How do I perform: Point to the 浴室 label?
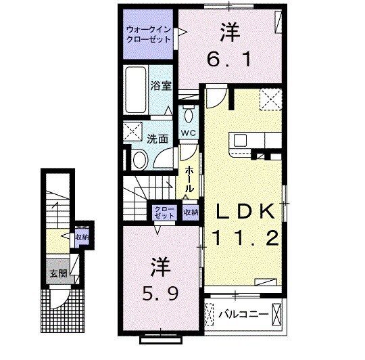point(160,87)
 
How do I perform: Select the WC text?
point(188,133)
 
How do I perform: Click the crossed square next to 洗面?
point(133,131)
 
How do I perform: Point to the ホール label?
point(191,177)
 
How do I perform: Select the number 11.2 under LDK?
point(245,238)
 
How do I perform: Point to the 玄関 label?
point(57,274)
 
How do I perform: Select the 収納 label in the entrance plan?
point(81,238)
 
